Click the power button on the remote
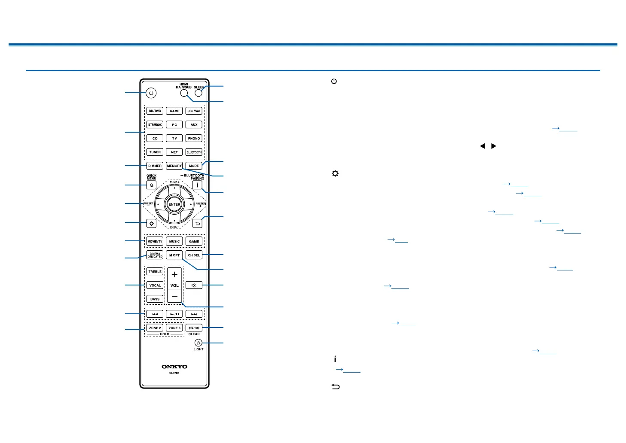click(x=151, y=93)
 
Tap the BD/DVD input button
click(x=155, y=111)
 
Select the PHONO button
click(x=194, y=138)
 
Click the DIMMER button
click(x=155, y=166)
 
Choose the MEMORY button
click(x=174, y=166)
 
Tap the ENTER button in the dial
click(x=174, y=204)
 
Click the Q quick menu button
click(x=151, y=185)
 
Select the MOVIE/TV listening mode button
click(x=155, y=241)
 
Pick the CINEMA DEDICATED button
click(x=155, y=255)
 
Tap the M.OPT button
click(x=174, y=255)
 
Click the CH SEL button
click(x=194, y=255)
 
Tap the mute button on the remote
click(x=194, y=285)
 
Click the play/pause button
click(x=174, y=314)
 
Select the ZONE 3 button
click(x=174, y=328)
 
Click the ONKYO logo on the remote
click(x=174, y=367)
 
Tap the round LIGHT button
click(x=198, y=343)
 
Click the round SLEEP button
click(x=198, y=92)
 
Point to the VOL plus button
click(x=174, y=274)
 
